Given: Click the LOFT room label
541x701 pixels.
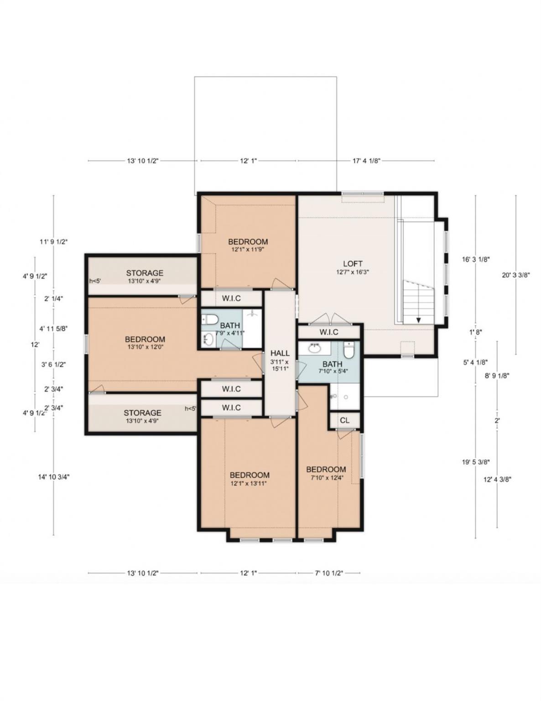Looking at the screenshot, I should pyautogui.click(x=353, y=264).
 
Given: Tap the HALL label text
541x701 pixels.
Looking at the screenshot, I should pyautogui.click(x=280, y=353).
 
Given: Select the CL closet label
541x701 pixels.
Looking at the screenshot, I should pyautogui.click(x=344, y=420).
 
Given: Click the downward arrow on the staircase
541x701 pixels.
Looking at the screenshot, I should pyautogui.click(x=418, y=319).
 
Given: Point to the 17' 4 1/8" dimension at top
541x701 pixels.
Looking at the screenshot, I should pyautogui.click(x=366, y=161).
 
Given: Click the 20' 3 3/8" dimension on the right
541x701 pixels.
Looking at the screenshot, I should pyautogui.click(x=515, y=275).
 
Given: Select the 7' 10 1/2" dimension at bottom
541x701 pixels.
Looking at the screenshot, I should pyautogui.click(x=329, y=573).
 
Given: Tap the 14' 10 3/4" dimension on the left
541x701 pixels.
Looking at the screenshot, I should pyautogui.click(x=54, y=476).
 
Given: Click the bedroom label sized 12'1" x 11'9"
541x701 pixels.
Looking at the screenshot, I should pyautogui.click(x=248, y=242).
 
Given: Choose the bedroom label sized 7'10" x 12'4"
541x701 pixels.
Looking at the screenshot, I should pyautogui.click(x=326, y=470).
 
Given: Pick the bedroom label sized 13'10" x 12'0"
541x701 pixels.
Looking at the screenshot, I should pyautogui.click(x=145, y=340).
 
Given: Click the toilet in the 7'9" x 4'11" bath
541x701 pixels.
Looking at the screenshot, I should pyautogui.click(x=210, y=319).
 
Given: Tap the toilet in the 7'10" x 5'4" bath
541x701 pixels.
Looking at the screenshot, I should pyautogui.click(x=349, y=350).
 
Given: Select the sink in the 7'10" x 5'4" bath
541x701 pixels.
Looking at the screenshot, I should pyautogui.click(x=314, y=349).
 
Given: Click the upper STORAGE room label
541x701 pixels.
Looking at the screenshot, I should pyautogui.click(x=145, y=273).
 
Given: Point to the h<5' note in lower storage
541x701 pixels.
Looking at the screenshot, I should pyautogui.click(x=190, y=409).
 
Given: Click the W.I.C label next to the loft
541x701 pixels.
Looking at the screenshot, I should pyautogui.click(x=328, y=332).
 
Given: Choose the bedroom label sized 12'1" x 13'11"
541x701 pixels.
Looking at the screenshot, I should pyautogui.click(x=249, y=475).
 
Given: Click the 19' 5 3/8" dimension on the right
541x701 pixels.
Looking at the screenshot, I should pyautogui.click(x=476, y=462).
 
